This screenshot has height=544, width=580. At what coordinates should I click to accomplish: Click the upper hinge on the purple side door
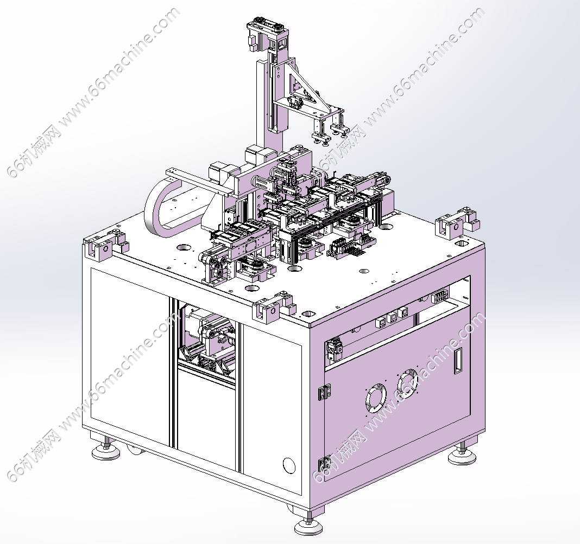click(324, 392)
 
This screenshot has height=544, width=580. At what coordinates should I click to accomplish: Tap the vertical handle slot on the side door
click(458, 361)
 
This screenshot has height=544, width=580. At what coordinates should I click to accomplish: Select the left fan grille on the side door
click(376, 398)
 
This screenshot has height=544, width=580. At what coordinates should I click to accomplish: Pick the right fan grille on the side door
click(407, 383)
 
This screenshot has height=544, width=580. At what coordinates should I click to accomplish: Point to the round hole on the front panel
click(289, 465)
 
